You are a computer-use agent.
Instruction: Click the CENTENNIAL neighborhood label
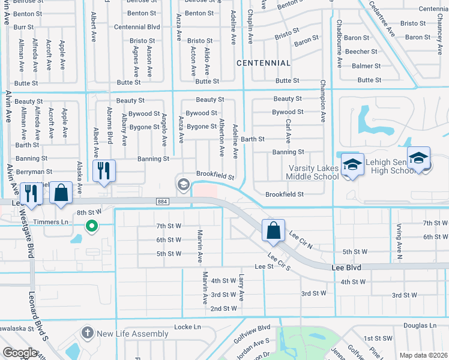(264, 63)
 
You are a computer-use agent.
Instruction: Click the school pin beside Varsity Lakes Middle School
(353, 165)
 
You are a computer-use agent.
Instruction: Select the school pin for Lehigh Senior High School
(418, 158)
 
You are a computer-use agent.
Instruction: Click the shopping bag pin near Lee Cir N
(273, 230)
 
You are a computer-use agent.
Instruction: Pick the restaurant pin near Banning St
(104, 171)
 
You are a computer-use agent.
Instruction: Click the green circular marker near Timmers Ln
(91, 226)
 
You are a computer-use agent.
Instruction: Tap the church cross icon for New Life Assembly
(88, 333)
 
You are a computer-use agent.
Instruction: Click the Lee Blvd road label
(346, 267)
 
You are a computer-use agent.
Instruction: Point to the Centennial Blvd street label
(137, 27)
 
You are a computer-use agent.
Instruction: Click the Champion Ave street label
(323, 101)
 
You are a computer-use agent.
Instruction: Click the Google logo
(20, 353)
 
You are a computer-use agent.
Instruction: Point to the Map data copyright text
(423, 355)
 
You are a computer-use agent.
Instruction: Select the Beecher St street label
(361, 52)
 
